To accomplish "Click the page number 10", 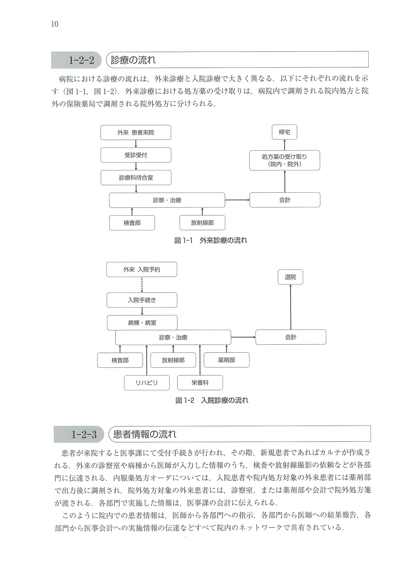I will click(x=55, y=24).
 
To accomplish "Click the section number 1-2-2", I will click(x=82, y=60).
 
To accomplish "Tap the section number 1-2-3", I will click(x=84, y=434).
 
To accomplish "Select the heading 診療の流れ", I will click(x=133, y=60).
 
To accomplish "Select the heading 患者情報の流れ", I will click(x=144, y=434).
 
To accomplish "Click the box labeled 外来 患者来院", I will click(x=136, y=133).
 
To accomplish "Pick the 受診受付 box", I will click(x=136, y=155).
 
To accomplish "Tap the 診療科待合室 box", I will click(x=136, y=178).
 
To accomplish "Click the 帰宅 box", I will click(x=284, y=132).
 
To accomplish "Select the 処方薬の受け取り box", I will click(x=284, y=160).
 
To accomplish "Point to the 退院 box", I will click(x=290, y=277).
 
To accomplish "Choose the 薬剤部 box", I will click(x=226, y=360).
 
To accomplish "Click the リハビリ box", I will click(x=147, y=383).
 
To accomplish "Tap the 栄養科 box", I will click(x=200, y=383).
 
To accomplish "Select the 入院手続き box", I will click(x=142, y=300).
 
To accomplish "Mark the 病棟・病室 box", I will click(x=142, y=323).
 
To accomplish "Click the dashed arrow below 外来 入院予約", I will click(x=142, y=285).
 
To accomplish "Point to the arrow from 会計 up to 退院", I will click(x=290, y=307).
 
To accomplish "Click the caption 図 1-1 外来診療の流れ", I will click(x=211, y=240).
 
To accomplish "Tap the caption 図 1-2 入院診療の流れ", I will click(x=212, y=400).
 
